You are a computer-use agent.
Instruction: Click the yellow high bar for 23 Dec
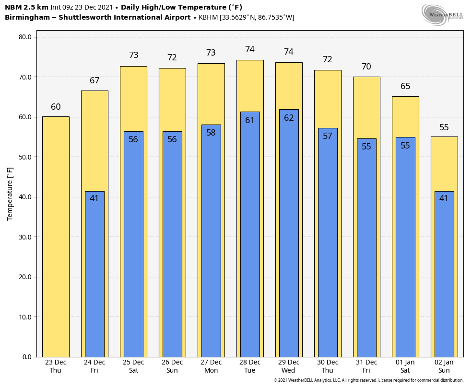click(x=56, y=237)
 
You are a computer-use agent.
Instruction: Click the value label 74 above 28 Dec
click(x=250, y=50)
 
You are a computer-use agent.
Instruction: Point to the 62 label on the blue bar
click(x=289, y=118)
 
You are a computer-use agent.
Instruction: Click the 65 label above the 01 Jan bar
click(x=405, y=87)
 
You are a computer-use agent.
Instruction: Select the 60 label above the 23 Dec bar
click(x=56, y=107)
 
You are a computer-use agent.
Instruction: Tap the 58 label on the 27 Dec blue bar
click(x=211, y=133)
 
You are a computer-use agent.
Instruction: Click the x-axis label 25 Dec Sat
click(x=133, y=366)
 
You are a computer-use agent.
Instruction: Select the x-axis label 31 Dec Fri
click(x=366, y=366)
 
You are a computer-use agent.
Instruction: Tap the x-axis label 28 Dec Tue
click(x=250, y=366)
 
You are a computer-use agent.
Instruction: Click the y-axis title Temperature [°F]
click(x=11, y=194)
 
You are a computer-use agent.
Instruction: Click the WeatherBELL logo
click(x=442, y=14)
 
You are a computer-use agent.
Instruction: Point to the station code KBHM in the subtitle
click(x=208, y=18)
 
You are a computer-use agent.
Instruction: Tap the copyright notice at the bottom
click(x=368, y=380)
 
